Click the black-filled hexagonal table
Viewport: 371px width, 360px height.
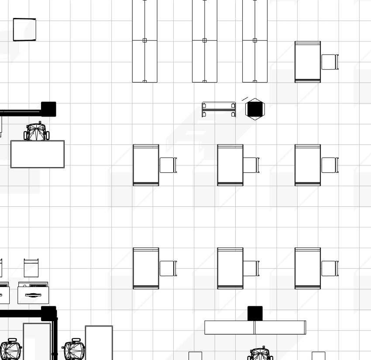pyautogui.click(x=255, y=109)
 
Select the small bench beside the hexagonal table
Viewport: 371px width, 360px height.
pyautogui.click(x=219, y=109)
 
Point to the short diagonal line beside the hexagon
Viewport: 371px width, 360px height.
pyautogui.click(x=245, y=99)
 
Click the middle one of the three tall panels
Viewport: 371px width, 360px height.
pyautogui.click(x=205, y=41)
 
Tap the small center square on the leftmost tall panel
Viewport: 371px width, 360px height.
pyautogui.click(x=144, y=40)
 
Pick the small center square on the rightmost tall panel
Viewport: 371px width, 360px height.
pyautogui.click(x=255, y=40)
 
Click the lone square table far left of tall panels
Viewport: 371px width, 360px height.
pyautogui.click(x=24, y=29)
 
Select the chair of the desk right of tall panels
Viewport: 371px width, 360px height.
pyautogui.click(x=330, y=62)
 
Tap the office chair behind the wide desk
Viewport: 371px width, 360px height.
pyautogui.click(x=36, y=132)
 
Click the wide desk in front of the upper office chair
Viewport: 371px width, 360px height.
pyautogui.click(x=38, y=154)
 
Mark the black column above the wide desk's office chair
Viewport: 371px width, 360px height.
pyautogui.click(x=48, y=109)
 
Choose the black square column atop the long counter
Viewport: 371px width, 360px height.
pyautogui.click(x=255, y=313)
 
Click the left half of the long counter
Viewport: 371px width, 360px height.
pyautogui.click(x=230, y=327)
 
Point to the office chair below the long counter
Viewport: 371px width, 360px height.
pyautogui.click(x=261, y=354)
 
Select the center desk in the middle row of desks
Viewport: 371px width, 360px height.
pyautogui.click(x=230, y=165)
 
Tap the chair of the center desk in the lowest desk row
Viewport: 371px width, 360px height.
pyautogui.click(x=251, y=268)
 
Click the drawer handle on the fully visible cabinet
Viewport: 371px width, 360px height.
pyautogui.click(x=33, y=295)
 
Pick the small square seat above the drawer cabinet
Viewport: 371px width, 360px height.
pyautogui.click(x=31, y=267)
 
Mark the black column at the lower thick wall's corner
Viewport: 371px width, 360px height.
pyautogui.click(x=48, y=313)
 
